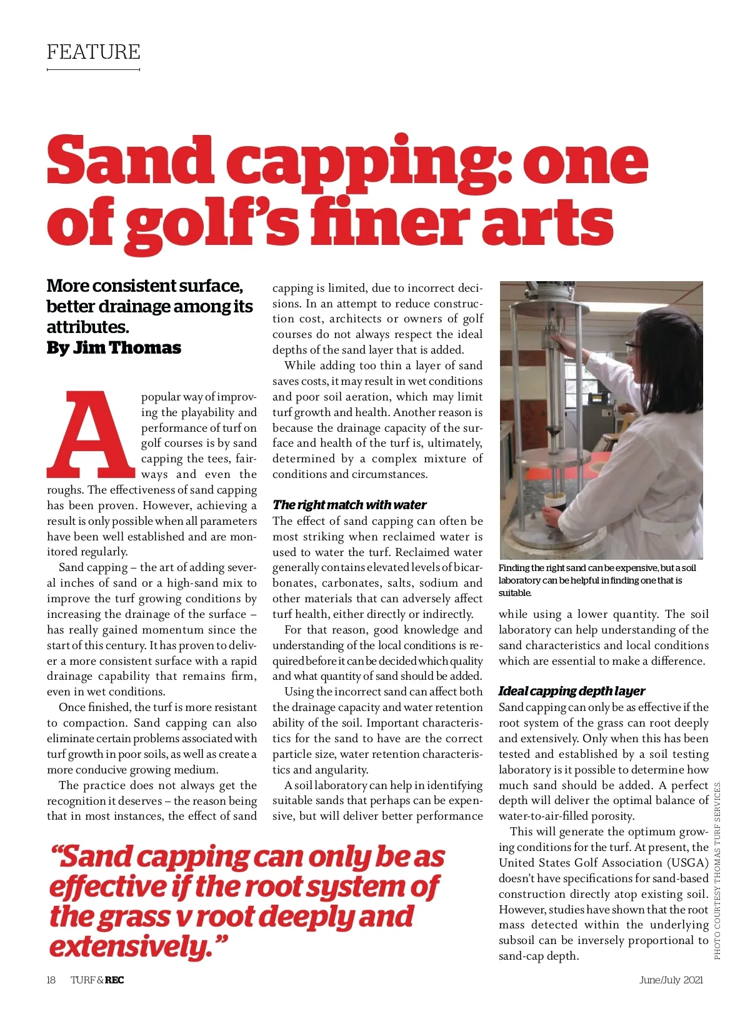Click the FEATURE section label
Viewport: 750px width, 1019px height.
coord(94,52)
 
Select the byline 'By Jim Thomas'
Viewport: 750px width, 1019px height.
coord(114,348)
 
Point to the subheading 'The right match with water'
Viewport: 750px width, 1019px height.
coord(349,505)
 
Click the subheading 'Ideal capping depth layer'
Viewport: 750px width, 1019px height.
coord(572,691)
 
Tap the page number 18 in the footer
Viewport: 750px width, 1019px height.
coord(51,980)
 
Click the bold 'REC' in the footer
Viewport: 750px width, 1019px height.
coord(114,980)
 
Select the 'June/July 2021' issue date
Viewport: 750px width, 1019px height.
coord(671,980)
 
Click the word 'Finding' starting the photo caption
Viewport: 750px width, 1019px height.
coord(514,568)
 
